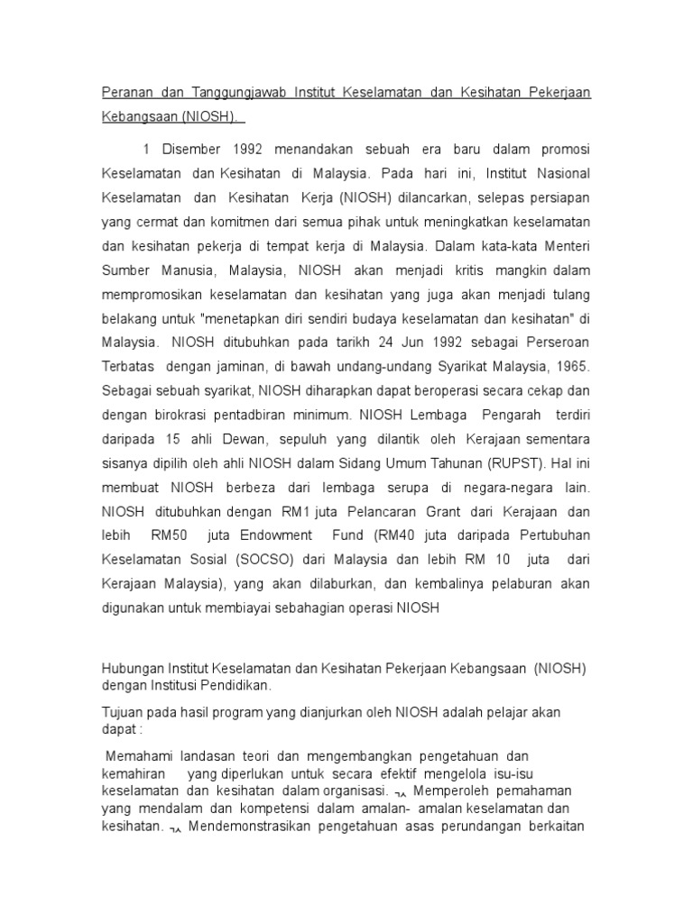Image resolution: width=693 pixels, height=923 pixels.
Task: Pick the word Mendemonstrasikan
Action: [x=246, y=826]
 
